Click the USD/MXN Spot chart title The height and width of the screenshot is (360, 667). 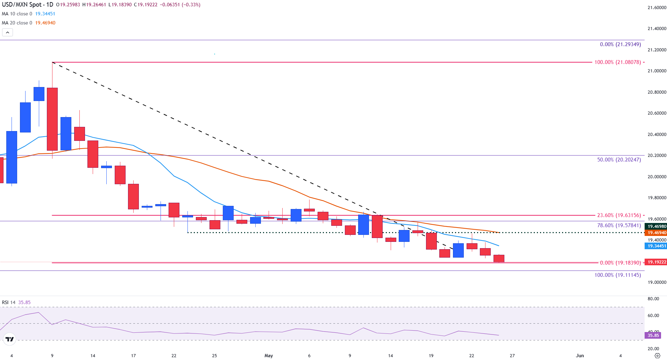(x=27, y=5)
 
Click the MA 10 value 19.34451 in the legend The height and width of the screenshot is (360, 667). (x=45, y=14)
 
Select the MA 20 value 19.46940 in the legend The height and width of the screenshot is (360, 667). (x=45, y=23)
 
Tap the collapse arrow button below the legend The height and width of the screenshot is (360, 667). (x=8, y=33)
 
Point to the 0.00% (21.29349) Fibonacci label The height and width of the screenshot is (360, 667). (x=620, y=44)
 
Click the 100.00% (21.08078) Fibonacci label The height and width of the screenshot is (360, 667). (x=618, y=62)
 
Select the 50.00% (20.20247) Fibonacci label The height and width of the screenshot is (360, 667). (x=619, y=160)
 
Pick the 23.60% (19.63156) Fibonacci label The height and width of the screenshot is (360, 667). (x=619, y=215)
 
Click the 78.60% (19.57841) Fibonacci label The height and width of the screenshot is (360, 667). (x=619, y=225)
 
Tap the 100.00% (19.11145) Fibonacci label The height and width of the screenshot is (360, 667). (x=618, y=275)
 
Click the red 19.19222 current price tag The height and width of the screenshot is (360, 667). (x=657, y=262)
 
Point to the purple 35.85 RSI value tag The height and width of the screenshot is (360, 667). (x=653, y=336)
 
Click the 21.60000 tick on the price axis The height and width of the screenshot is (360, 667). (x=657, y=7)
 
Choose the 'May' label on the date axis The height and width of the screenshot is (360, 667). (x=269, y=355)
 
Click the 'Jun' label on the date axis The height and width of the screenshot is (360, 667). (x=580, y=355)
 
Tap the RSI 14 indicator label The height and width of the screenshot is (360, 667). (x=9, y=302)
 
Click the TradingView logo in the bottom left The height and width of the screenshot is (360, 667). (x=9, y=339)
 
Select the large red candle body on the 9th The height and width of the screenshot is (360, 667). (x=52, y=119)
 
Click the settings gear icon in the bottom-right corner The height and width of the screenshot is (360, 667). (x=657, y=355)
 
